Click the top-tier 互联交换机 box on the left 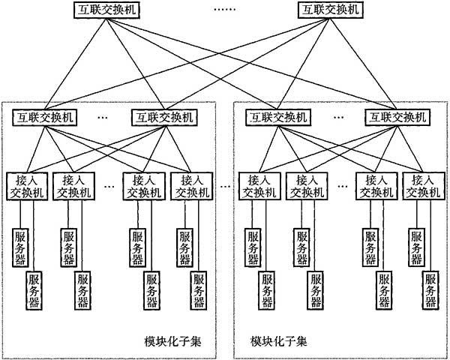click(106, 10)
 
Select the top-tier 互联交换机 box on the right click(330, 10)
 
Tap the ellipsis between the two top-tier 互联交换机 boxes click(225, 10)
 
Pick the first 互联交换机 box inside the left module click(44, 117)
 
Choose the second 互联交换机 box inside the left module click(164, 117)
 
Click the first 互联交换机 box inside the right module click(278, 117)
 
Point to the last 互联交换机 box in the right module click(397, 117)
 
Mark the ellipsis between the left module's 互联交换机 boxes click(103, 118)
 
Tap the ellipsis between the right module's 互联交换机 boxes click(339, 118)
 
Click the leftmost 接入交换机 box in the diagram click(27, 186)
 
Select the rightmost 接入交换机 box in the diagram click(424, 186)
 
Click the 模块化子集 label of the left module click(172, 342)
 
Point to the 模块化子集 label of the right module click(279, 342)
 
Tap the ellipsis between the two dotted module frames click(225, 187)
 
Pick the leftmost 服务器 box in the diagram click(20, 247)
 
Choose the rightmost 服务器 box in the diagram click(430, 290)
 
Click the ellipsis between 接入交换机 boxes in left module click(109, 187)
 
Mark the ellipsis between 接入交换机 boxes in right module click(343, 187)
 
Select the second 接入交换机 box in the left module click(73, 186)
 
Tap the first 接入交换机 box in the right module click(259, 186)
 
